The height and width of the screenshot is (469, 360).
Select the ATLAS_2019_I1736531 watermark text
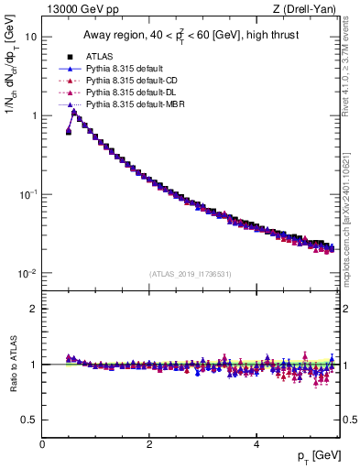click(191, 274)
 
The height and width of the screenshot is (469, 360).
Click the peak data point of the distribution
click(74, 113)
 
